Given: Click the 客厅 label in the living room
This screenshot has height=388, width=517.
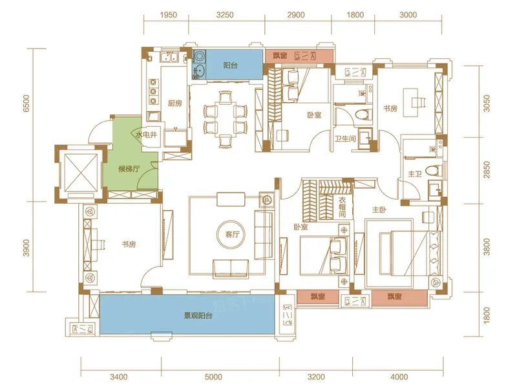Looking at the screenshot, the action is tap(232, 235).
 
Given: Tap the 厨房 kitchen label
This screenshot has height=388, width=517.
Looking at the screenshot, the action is tap(174, 103).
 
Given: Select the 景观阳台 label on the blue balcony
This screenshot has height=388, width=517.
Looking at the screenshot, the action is tap(198, 316).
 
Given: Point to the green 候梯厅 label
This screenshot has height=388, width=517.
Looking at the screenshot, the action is tap(129, 169).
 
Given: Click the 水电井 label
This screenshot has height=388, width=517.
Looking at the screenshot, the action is tap(146, 135).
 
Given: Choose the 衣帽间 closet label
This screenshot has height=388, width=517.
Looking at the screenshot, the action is tap(343, 207).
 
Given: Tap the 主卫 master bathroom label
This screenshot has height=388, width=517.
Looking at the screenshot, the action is tap(415, 173).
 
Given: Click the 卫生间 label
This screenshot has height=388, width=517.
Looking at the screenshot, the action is tap(345, 138).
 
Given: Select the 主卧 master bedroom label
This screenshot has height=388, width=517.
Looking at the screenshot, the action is tap(379, 210).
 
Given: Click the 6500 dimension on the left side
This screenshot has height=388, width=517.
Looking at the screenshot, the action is tap(26, 103).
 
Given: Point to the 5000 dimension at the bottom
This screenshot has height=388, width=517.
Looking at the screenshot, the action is tap(214, 377).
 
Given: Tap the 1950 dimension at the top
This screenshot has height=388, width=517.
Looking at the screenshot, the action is tap(169, 15).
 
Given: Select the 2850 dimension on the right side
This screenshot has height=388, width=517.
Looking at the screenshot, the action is tap(487, 169).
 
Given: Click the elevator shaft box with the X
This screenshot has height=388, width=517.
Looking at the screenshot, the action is tap(81, 173).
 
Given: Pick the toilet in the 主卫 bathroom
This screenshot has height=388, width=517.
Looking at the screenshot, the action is tap(434, 171).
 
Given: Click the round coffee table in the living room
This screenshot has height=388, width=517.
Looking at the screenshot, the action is tap(232, 235).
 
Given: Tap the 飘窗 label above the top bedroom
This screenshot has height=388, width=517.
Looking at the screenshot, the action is tap(280, 56).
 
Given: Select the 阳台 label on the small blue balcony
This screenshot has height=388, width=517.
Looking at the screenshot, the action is tap(230, 65).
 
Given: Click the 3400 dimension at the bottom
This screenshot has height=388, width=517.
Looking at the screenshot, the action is tap(119, 377).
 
